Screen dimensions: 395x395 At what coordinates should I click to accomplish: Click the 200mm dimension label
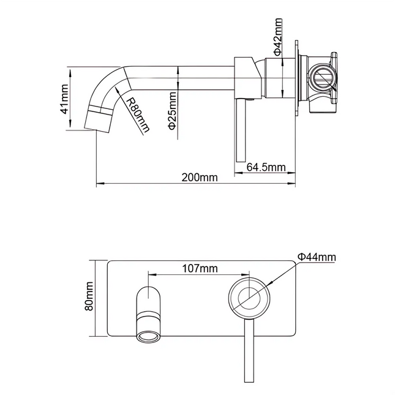pyautogui.click(x=200, y=177)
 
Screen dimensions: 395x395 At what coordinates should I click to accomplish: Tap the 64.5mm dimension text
pyautogui.click(x=266, y=167)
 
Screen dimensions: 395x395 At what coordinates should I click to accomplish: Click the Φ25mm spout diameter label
pyautogui.click(x=172, y=110)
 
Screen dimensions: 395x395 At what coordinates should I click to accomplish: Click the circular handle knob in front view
pyautogui.click(x=248, y=299)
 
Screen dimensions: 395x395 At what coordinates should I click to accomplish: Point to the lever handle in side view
pyautogui.click(x=240, y=132)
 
